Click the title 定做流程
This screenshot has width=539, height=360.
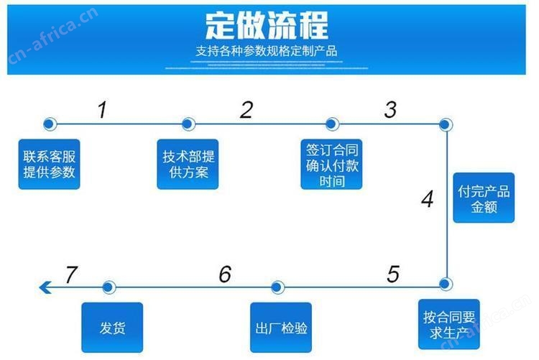[x=267, y=25]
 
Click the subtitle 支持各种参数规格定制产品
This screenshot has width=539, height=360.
[x=267, y=51]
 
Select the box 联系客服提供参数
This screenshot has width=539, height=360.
[x=49, y=165]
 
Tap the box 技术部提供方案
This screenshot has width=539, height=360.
[x=188, y=165]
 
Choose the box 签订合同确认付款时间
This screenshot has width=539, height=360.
[x=331, y=165]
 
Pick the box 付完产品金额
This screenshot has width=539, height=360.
[x=484, y=198]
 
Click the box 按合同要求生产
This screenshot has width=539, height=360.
[x=449, y=324]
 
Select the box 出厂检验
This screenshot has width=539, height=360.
[x=281, y=328]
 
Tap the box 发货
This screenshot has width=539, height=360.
[x=112, y=328]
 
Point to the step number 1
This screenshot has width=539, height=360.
[x=103, y=110]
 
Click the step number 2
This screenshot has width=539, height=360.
[x=247, y=110]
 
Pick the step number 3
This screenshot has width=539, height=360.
[x=390, y=110]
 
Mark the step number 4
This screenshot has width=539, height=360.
[x=428, y=199]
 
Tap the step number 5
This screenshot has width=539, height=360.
[x=393, y=274]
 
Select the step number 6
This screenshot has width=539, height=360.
[x=225, y=274]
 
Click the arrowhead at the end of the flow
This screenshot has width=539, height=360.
[x=45, y=287]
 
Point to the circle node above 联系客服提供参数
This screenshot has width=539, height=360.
[x=50, y=124]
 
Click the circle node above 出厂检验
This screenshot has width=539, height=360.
[x=277, y=287]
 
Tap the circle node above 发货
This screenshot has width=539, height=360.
[x=109, y=287]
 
